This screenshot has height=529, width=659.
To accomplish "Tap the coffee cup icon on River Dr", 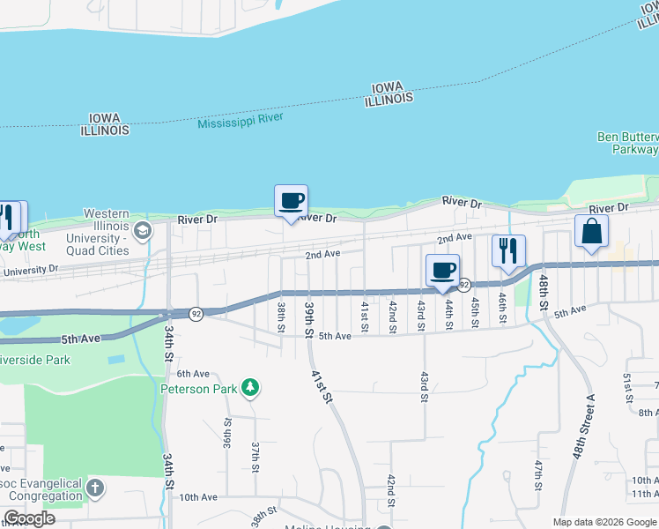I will click(x=291, y=201).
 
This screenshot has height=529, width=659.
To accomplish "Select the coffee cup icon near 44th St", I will click(x=442, y=270).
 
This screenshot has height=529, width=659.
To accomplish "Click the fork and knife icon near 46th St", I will click(x=508, y=251).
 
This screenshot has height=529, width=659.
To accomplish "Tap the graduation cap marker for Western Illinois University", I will click(x=144, y=231).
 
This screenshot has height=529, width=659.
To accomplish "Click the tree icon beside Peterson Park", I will click(x=251, y=386).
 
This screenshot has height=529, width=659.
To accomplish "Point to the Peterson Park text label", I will click(x=199, y=388).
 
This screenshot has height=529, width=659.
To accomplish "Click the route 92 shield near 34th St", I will click(x=196, y=313).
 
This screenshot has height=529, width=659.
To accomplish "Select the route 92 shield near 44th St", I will click(x=464, y=285).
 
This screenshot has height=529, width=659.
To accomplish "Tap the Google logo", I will click(x=29, y=518).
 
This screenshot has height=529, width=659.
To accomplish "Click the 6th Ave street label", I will click(x=193, y=374).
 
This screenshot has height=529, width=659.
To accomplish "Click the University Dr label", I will click(x=32, y=271).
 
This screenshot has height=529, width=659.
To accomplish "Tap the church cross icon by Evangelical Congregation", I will click(x=95, y=487).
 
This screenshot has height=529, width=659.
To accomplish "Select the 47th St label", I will click(x=537, y=473).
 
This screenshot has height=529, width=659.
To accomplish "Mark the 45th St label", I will click(x=475, y=311).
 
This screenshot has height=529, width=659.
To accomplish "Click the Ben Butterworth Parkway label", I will click(x=627, y=143).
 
